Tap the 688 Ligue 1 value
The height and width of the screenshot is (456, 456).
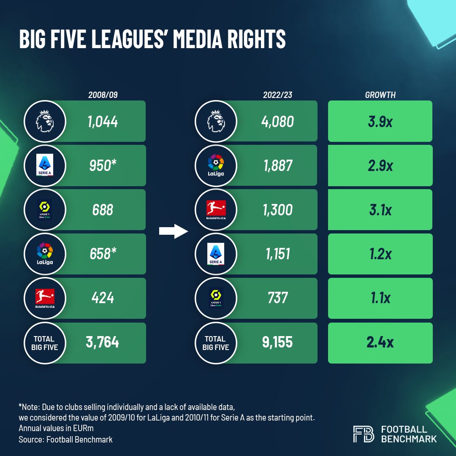(103, 210)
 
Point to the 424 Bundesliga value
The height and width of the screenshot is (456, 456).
(103, 298)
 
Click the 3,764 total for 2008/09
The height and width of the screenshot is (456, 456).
(103, 342)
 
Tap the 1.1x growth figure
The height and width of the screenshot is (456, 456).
(380, 298)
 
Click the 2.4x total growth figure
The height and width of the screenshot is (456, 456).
(380, 342)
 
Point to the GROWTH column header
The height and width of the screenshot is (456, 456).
(380, 95)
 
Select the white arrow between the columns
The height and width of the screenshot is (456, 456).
(173, 231)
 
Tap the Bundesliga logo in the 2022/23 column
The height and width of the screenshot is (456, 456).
(215, 210)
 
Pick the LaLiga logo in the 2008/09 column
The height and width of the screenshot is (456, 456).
(45, 254)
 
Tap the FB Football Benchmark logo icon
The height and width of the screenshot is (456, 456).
(363, 434)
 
